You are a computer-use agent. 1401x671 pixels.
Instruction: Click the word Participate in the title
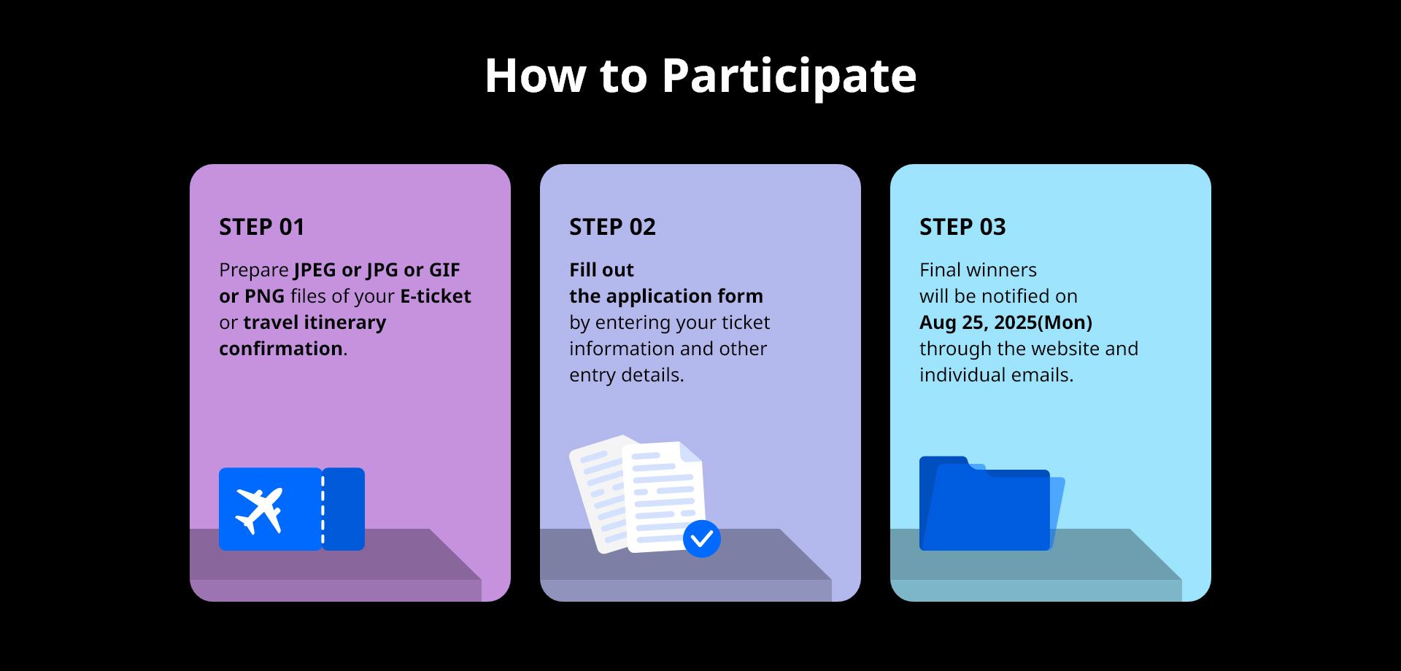789,77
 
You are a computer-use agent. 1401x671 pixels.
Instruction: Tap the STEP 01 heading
261,227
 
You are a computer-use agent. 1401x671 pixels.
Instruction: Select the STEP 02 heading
612,227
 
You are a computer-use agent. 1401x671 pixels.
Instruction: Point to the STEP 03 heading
962,227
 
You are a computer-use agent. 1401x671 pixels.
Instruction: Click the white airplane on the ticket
259,510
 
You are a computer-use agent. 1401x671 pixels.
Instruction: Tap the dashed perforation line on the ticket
323,509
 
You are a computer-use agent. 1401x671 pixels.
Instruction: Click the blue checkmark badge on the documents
702,539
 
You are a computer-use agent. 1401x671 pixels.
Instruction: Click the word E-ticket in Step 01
436,296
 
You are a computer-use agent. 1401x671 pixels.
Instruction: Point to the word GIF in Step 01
444,270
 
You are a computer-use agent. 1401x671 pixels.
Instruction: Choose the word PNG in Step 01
265,296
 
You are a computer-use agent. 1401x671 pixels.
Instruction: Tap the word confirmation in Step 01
281,349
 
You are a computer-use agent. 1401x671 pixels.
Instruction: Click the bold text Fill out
601,270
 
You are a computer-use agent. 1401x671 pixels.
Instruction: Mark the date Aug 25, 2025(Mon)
1006,322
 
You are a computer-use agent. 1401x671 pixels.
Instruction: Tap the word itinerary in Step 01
345,322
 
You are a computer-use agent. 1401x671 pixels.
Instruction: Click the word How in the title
536,77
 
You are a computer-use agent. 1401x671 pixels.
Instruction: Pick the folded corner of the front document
690,451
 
